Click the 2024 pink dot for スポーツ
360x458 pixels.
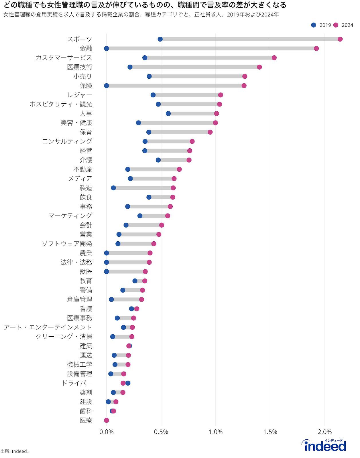click(340, 39)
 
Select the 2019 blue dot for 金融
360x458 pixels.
click(107, 48)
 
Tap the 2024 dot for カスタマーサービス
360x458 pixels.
click(274, 58)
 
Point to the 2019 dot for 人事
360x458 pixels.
click(168, 114)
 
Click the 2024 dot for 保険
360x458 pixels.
click(244, 86)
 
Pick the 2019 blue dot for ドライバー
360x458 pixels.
click(128, 383)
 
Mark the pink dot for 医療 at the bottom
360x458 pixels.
click(107, 420)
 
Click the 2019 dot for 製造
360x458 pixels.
click(113, 188)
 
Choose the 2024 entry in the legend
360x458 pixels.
click(344, 25)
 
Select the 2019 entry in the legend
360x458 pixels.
click(322, 25)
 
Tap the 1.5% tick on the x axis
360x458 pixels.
click(270, 432)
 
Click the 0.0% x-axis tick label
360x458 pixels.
click(107, 432)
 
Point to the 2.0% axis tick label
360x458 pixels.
click(325, 432)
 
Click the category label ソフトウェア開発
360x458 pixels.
click(67, 244)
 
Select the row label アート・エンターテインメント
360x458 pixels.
click(48, 327)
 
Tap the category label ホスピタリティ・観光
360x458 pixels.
click(61, 104)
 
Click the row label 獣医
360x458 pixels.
click(86, 272)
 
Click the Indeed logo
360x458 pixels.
click(324, 446)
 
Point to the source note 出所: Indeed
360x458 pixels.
click(15, 451)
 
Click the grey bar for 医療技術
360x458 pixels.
click(195, 67)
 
